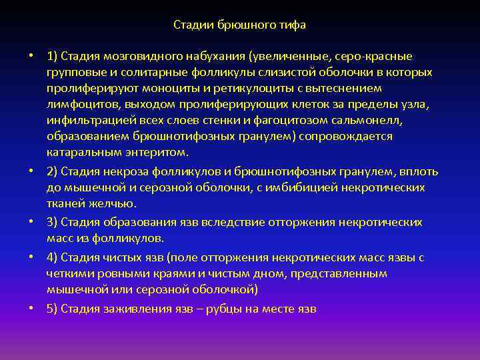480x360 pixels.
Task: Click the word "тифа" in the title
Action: click(x=293, y=25)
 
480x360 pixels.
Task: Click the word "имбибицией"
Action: click(x=305, y=187)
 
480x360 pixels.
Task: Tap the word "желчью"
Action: click(x=115, y=203)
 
